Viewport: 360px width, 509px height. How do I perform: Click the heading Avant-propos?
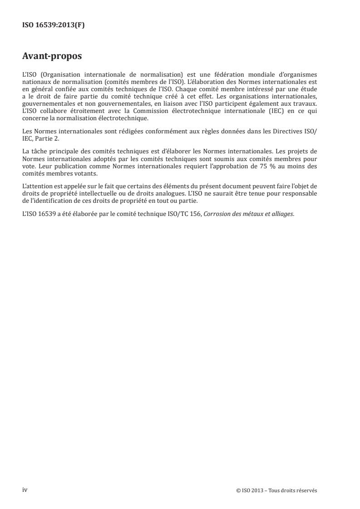pyautogui.click(x=52, y=57)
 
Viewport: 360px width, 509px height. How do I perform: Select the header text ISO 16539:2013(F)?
pyautogui.click(x=54, y=25)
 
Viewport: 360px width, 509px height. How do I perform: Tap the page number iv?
pyautogui.click(x=25, y=490)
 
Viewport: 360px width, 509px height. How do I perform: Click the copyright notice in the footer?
pyautogui.click(x=277, y=490)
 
